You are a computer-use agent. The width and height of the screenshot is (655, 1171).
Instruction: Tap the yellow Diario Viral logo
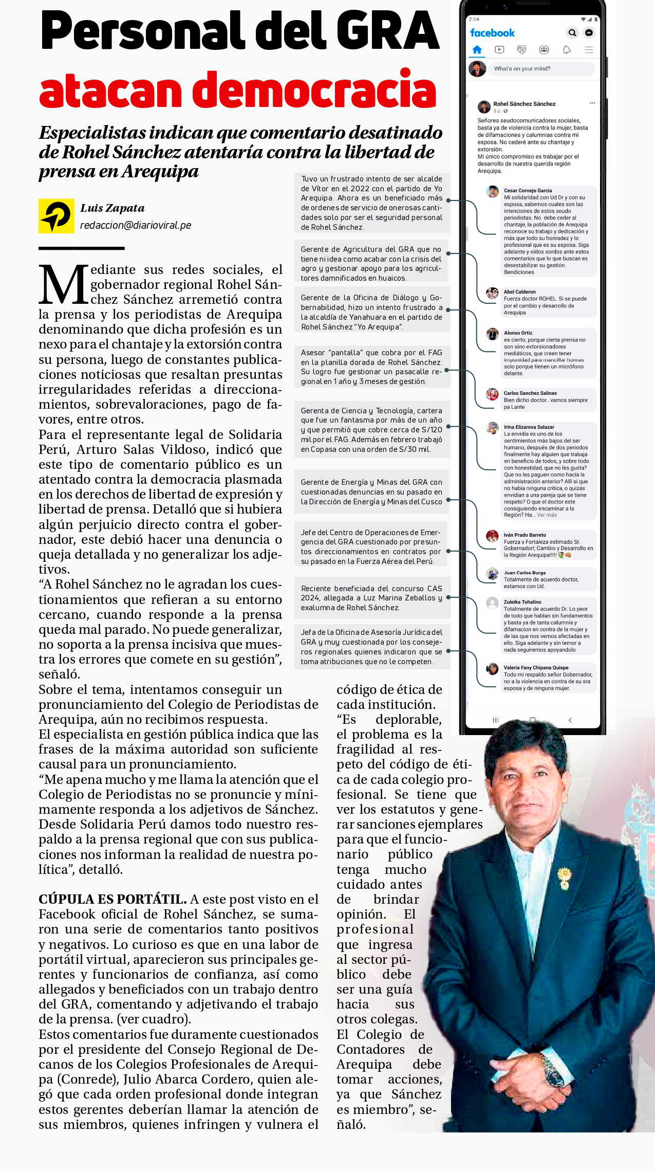click(56, 216)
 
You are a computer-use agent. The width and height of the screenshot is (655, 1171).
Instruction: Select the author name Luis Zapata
click(112, 208)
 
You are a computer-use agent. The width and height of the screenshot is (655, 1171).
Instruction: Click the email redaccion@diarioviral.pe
click(136, 225)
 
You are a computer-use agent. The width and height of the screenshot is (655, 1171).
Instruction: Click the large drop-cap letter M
click(63, 284)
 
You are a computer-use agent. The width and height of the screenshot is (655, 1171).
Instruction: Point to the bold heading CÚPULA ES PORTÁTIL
click(113, 899)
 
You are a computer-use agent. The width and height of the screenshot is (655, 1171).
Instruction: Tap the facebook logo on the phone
click(492, 33)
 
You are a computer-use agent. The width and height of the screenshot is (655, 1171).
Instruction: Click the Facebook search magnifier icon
click(572, 33)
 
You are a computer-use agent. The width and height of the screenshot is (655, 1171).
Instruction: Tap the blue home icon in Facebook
click(477, 50)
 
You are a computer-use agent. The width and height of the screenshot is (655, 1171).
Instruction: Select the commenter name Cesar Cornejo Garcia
click(528, 190)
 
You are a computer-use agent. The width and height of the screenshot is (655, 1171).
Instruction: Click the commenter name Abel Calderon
click(519, 291)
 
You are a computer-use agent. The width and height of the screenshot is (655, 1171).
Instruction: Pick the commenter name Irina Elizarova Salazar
click(529, 427)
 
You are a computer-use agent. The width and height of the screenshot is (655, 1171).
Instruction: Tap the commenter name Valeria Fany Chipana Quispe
click(536, 667)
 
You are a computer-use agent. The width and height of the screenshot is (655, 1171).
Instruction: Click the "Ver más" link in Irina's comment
click(547, 515)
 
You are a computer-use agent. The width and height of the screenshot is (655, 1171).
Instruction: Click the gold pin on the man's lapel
click(564, 876)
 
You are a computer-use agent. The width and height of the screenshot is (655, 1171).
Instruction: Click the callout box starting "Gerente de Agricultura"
click(371, 263)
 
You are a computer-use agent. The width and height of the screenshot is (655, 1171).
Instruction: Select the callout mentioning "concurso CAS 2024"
click(371, 598)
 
